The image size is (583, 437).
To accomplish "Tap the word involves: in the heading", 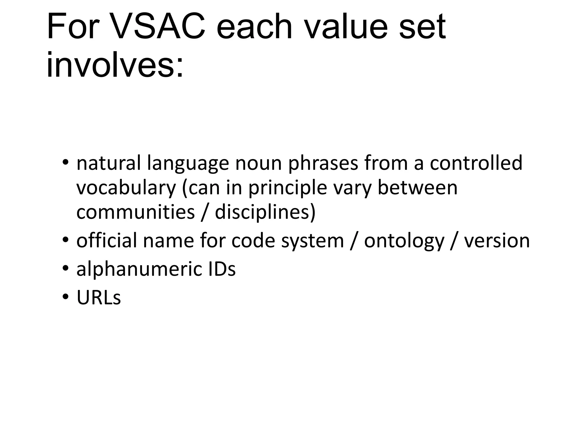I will coord(115,65).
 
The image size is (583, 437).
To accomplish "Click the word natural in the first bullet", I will coord(108,163).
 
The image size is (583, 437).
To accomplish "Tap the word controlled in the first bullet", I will coord(476,163).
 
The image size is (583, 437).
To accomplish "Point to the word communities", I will coord(135,212).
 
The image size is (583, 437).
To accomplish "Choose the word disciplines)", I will coord(265,212).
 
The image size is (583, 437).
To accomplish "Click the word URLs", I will coord(99,298).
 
